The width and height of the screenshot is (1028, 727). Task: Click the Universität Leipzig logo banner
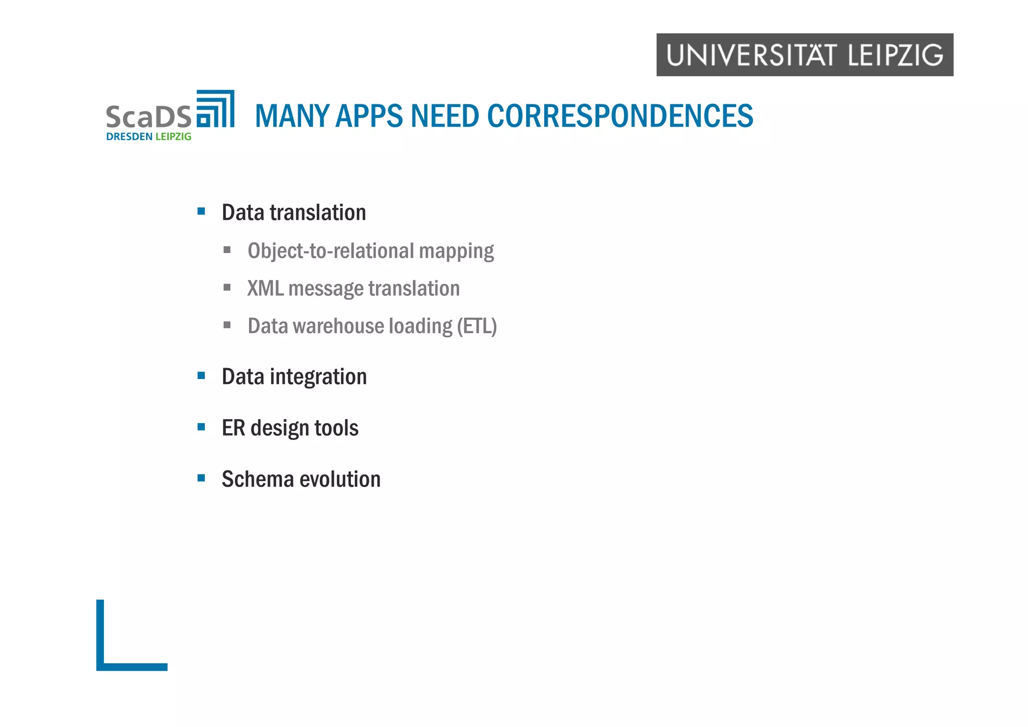pos(805,55)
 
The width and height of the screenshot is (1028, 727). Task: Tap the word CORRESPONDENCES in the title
pos(620,116)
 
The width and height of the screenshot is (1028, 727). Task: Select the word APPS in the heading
pos(369,116)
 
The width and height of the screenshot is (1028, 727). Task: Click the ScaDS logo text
pos(149,117)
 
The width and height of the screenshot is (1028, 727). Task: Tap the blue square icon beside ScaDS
pos(215,109)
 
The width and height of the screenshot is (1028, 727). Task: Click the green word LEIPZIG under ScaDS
pos(173,137)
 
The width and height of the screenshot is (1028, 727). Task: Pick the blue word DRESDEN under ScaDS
pos(129,137)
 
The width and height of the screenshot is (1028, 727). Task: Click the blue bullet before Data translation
pos(201,211)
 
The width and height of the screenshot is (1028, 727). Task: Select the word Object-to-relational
pos(331,251)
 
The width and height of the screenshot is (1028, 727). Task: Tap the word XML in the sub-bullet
pos(265,289)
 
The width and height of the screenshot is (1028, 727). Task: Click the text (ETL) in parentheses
pos(476,326)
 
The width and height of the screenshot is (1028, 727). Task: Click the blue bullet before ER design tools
pos(201,427)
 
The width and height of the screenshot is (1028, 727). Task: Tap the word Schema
pos(258,479)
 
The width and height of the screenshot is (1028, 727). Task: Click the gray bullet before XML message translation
pos(227,288)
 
